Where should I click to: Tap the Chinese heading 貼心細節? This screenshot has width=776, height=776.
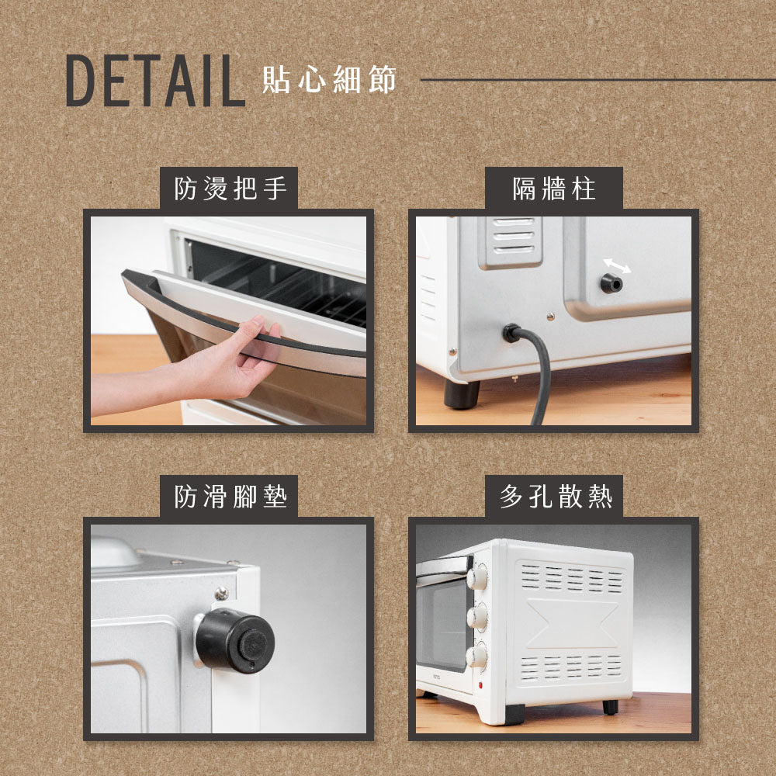tap(329, 80)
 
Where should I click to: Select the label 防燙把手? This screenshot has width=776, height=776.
tap(229, 189)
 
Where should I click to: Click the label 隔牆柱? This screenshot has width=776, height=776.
tap(553, 189)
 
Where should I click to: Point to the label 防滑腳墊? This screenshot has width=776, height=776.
tap(229, 497)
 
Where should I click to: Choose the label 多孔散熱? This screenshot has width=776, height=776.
tap(553, 497)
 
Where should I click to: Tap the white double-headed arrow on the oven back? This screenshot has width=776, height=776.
tap(617, 266)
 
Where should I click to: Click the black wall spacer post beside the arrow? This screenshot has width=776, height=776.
tap(611, 283)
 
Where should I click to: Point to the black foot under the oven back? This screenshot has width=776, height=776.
tap(462, 394)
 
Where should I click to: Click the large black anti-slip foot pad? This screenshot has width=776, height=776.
tap(235, 640)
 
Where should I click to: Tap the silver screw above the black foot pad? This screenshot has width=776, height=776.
tap(221, 594)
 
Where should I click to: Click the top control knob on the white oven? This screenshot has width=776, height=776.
tap(477, 577)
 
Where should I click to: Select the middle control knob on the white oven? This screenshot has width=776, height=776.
tap(478, 617)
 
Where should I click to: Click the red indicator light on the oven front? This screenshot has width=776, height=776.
tap(481, 684)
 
